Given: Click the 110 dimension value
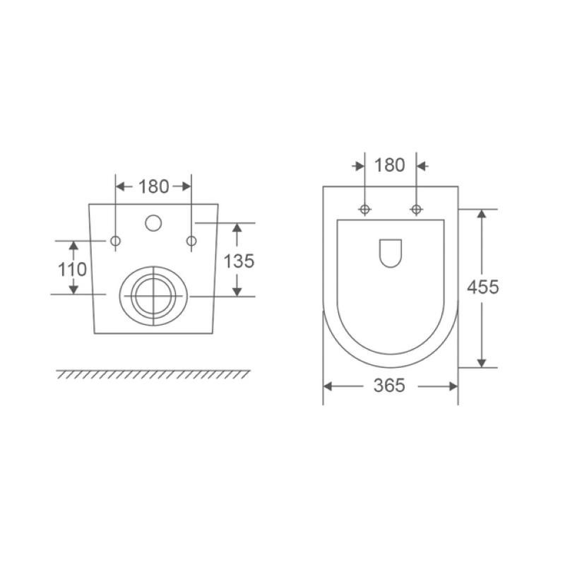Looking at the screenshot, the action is point(73,270).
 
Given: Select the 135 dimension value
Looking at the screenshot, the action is point(239,261).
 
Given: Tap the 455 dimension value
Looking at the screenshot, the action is point(483,287).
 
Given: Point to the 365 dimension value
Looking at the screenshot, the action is point(390,386).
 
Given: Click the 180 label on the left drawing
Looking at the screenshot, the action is point(154,186).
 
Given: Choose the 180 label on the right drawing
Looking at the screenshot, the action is point(390,165).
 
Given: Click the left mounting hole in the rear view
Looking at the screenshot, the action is point(115,241).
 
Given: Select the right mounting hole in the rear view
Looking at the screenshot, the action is point(191,241).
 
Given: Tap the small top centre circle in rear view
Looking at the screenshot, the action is point(153,223).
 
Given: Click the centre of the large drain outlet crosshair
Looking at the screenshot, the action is point(154,296).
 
